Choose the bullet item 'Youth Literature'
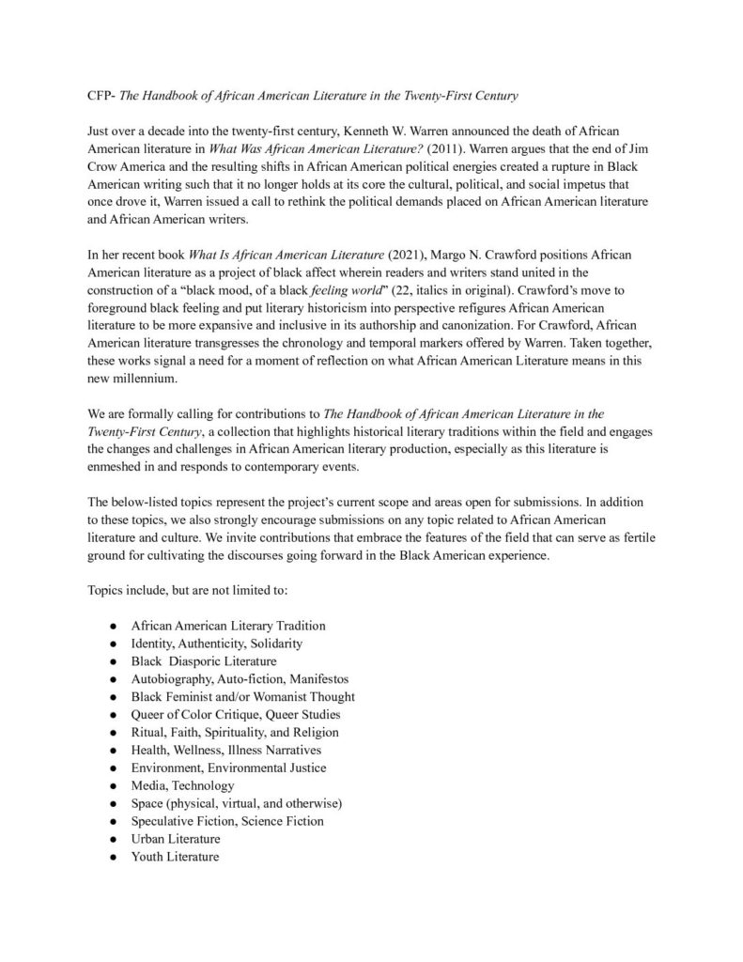pos(175,856)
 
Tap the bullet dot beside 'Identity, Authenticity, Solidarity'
pos(113,644)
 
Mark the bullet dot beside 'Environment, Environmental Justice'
pos(113,768)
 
